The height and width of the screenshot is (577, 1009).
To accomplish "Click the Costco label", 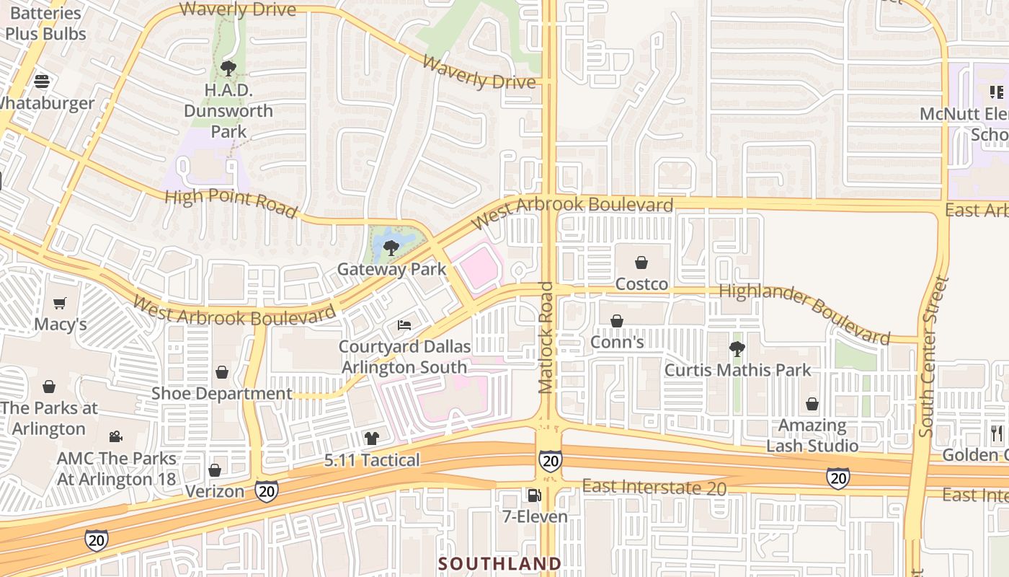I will click(641, 284).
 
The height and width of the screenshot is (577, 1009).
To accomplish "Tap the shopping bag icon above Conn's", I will click(617, 321).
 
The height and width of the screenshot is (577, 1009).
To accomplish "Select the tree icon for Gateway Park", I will click(391, 248).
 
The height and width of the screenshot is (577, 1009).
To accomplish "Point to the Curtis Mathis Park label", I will click(737, 370).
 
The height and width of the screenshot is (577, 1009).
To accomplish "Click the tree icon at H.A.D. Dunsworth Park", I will click(228, 69).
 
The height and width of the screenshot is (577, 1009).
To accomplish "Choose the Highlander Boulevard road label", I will click(805, 312).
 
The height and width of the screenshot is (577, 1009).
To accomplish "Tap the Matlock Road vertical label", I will click(546, 338).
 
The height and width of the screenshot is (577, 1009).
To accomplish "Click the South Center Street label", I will click(932, 357).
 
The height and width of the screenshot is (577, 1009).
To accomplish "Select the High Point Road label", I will click(231, 203).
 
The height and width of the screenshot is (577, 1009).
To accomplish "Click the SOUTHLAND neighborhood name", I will click(499, 563).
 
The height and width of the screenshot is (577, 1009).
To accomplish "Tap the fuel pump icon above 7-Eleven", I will click(533, 495).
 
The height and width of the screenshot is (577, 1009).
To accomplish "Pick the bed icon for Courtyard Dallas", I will click(404, 325).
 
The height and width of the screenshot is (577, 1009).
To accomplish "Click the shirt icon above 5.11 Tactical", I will click(371, 438).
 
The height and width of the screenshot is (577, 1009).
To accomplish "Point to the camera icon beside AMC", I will click(115, 436).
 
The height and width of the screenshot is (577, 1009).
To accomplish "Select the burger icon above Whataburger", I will click(42, 81).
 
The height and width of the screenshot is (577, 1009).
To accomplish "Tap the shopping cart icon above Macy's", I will click(60, 303).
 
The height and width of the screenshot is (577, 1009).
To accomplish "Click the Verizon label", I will click(215, 491).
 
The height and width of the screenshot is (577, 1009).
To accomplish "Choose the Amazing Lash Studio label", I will click(812, 436).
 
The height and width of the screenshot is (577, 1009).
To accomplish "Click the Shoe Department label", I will click(221, 393).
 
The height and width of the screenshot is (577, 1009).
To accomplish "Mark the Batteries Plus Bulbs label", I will click(45, 23).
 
